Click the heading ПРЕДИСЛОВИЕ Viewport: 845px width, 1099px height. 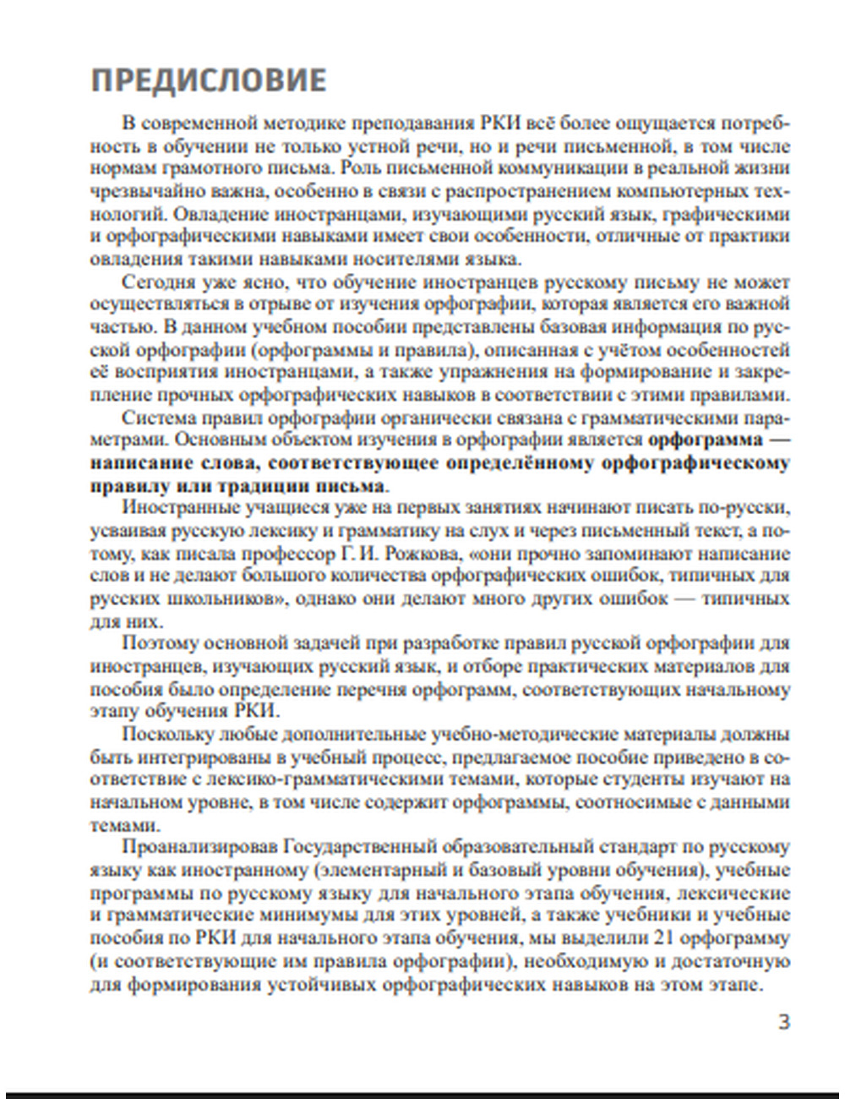click(208, 79)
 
